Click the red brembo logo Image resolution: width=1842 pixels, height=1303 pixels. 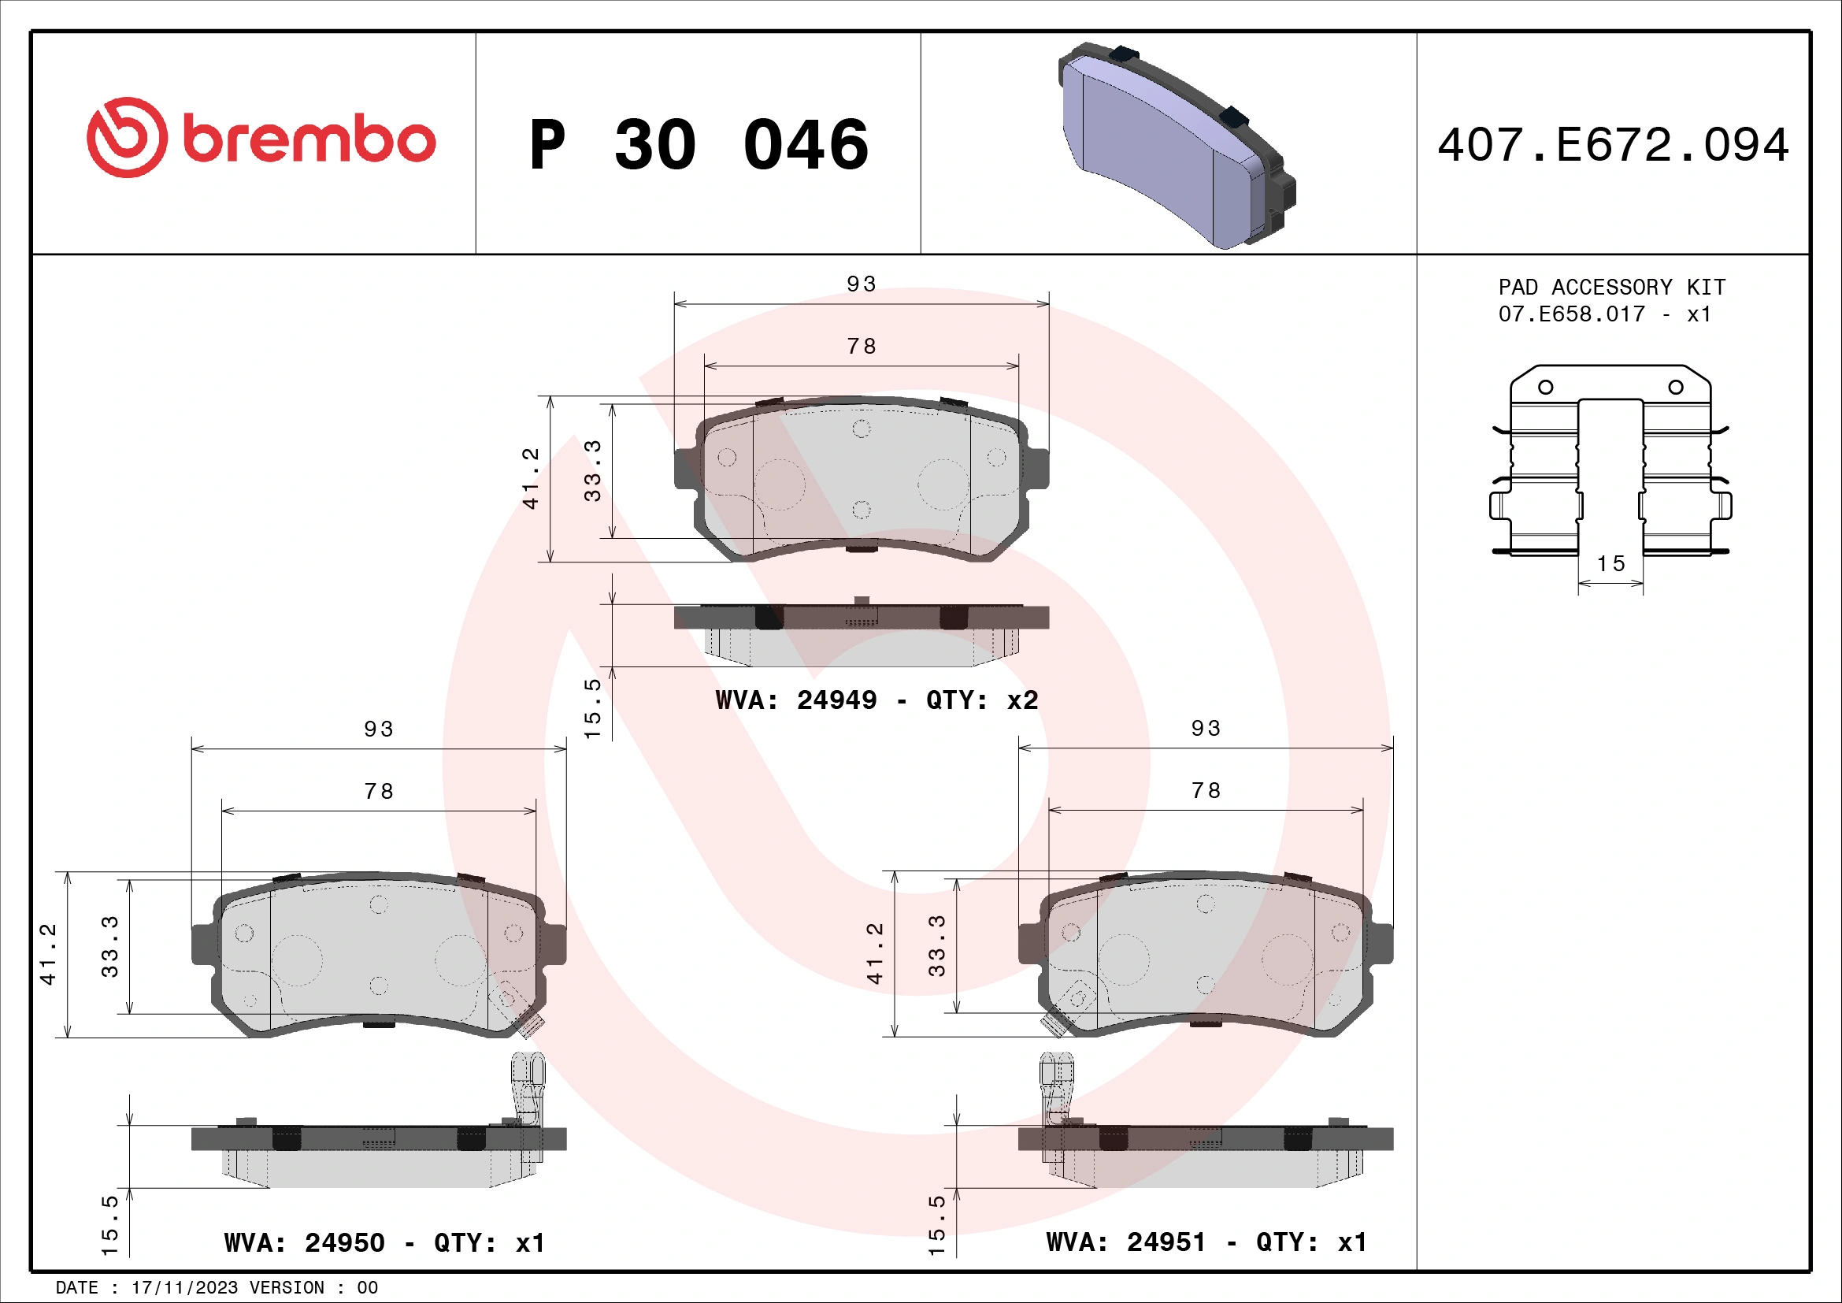click(261, 138)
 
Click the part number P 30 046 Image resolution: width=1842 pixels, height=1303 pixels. click(698, 145)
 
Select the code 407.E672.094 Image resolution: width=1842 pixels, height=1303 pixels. click(1613, 145)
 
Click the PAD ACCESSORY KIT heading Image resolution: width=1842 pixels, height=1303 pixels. click(1611, 288)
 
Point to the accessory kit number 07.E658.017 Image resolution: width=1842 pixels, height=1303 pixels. click(1571, 314)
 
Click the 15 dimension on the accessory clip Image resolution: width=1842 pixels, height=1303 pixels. click(1610, 563)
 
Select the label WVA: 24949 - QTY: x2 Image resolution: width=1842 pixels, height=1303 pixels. click(876, 700)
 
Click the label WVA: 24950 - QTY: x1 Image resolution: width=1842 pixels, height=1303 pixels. click(384, 1243)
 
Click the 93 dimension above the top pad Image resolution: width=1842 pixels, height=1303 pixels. click(862, 284)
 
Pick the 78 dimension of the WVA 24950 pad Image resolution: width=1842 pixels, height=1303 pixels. click(379, 791)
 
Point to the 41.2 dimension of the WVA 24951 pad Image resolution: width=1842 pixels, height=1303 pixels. click(874, 953)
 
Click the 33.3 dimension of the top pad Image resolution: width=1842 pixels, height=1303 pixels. click(592, 471)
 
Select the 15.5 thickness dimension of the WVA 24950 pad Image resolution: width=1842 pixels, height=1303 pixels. click(110, 1225)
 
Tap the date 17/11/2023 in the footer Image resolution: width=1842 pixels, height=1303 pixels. click(184, 1288)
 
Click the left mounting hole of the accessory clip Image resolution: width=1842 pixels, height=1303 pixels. click(1545, 388)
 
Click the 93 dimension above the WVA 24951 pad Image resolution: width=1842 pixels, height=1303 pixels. click(1205, 729)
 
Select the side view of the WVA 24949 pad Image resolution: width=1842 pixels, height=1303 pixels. click(861, 634)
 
